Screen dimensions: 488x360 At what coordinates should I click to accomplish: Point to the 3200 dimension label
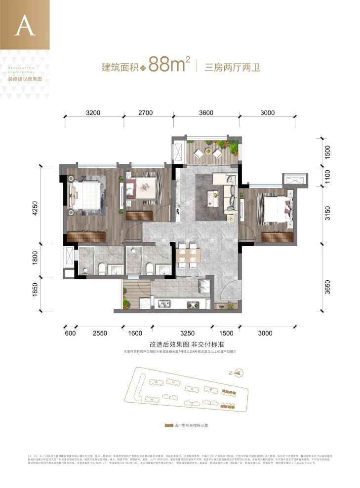93,113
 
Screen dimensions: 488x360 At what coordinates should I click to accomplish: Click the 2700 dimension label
146,113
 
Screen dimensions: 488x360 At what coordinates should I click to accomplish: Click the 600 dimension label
70,333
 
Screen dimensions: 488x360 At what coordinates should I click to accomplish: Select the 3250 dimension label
187,333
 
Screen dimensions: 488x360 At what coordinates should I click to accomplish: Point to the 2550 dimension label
100,333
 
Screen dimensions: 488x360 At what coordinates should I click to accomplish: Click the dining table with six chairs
188,255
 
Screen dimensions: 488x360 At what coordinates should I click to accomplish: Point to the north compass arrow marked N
239,373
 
